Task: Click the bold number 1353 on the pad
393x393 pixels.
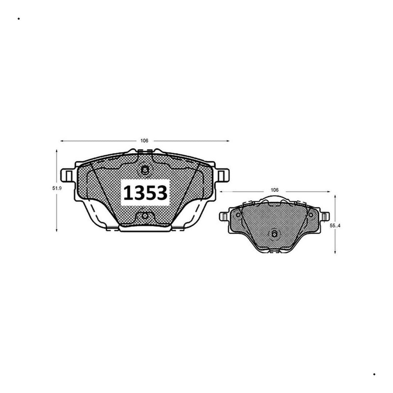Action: (x=145, y=193)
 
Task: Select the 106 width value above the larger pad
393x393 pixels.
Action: (x=144, y=140)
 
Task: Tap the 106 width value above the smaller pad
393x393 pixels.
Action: (x=274, y=190)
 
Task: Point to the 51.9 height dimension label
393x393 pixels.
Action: (x=57, y=188)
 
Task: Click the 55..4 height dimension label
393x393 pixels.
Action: (x=335, y=226)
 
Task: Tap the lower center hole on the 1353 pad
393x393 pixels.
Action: (x=145, y=215)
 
